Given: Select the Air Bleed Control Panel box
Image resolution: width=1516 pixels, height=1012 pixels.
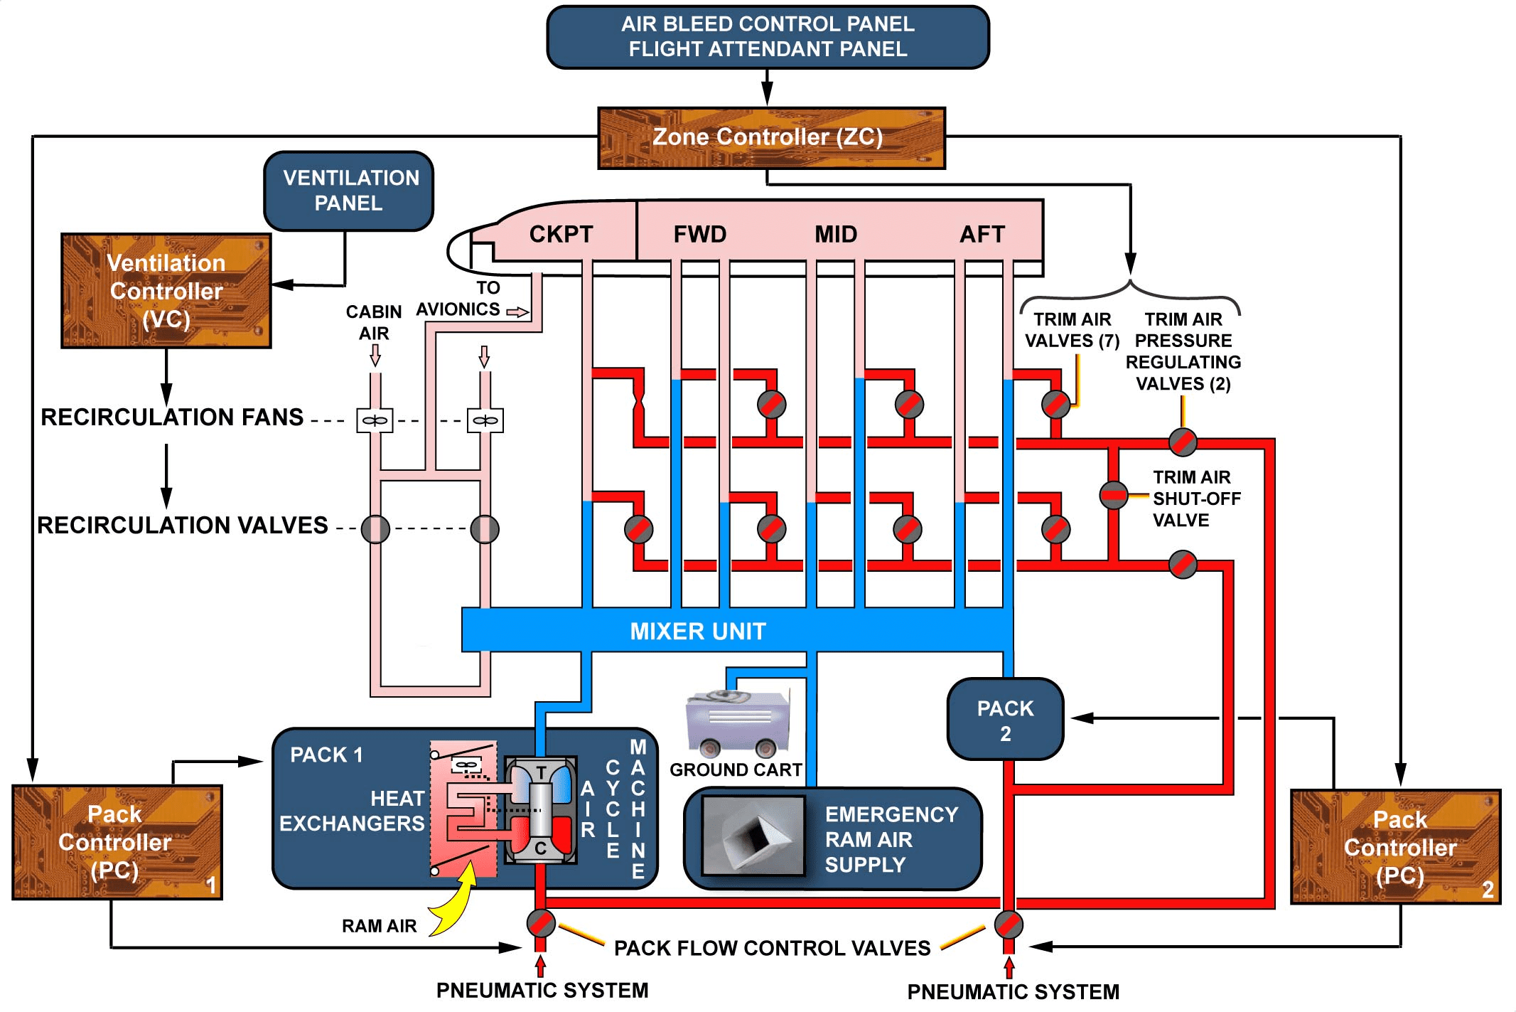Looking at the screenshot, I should (x=768, y=37).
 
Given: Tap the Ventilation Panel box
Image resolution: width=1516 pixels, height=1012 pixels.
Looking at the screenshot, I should (x=349, y=191).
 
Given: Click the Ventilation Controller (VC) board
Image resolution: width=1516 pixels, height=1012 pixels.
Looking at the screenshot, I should (x=166, y=291).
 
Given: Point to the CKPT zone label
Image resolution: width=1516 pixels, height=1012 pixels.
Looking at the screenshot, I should (x=561, y=234).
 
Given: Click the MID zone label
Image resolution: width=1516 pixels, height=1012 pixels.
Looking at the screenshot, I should (x=836, y=234).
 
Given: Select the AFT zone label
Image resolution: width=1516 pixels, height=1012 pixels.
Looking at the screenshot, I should (x=982, y=234).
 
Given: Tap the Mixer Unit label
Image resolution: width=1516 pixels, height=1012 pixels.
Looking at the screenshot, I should (x=698, y=631).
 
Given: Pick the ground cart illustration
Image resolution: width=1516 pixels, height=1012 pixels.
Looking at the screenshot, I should (x=738, y=722).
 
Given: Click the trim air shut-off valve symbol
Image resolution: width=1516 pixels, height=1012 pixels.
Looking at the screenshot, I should (x=1113, y=495).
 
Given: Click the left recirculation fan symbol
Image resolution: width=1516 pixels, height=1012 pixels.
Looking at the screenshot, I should (x=375, y=420).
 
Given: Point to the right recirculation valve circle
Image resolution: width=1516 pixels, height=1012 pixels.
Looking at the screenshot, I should (x=485, y=529).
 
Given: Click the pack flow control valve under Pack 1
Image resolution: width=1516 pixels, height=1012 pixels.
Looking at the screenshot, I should (x=541, y=923).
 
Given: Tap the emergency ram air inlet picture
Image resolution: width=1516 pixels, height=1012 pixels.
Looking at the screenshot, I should (x=753, y=836).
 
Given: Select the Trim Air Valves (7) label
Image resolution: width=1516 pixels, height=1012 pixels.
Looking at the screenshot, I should (x=1072, y=330).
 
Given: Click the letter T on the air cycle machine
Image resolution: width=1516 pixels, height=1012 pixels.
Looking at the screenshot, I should (x=542, y=773).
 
